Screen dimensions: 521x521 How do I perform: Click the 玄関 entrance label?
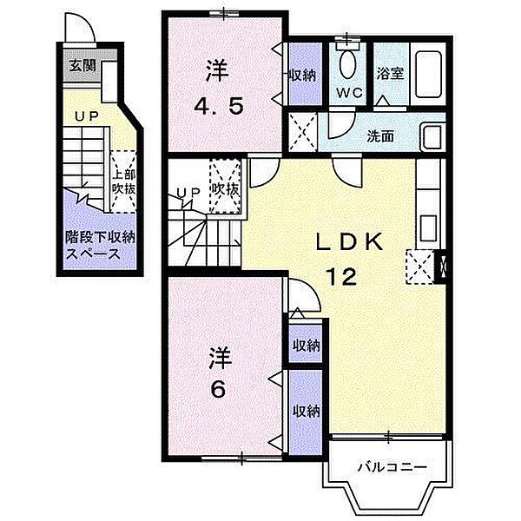tap(82, 67)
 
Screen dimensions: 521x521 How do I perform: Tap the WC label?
tap(349, 93)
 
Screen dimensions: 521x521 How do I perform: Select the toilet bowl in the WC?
tap(348, 65)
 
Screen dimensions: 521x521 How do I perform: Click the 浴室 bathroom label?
tap(390, 74)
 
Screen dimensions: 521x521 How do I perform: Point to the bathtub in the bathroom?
tap(428, 74)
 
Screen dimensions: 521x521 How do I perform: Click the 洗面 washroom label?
tap(380, 136)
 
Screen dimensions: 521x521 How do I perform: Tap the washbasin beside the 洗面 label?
tap(432, 136)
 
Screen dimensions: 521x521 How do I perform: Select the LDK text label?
tap(348, 243)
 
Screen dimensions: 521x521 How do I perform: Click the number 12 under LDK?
tap(341, 276)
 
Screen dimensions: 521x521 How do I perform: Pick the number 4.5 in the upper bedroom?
tap(219, 107)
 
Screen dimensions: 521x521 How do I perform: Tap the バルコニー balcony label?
tap(392, 468)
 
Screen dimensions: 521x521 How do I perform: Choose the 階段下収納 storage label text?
tap(100, 238)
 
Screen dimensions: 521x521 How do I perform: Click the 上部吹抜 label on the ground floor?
tap(123, 182)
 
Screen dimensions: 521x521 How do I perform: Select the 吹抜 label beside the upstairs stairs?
tap(225, 189)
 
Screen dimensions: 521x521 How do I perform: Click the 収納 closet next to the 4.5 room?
tap(305, 74)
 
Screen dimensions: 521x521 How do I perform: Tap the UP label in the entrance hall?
tap(86, 116)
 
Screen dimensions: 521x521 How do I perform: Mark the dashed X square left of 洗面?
tap(302, 132)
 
